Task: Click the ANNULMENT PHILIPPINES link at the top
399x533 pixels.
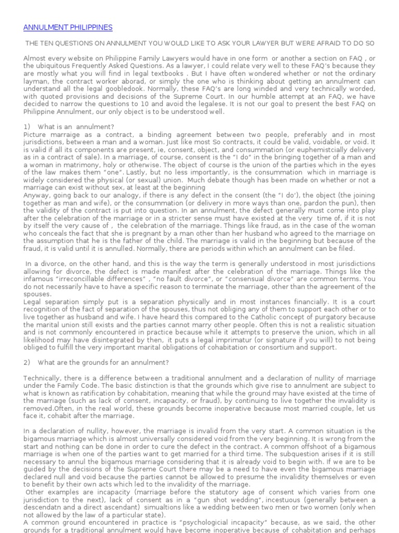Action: [68, 27]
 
